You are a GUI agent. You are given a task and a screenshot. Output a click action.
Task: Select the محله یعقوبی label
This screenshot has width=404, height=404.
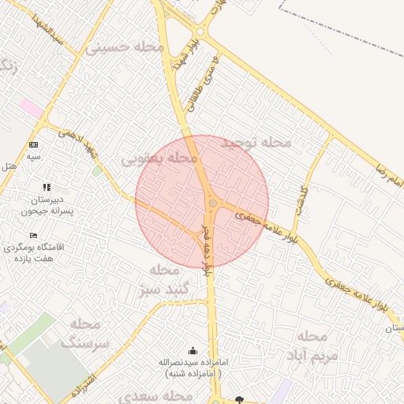[159, 159]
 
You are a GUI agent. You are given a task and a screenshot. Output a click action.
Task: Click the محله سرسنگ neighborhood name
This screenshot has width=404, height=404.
[84, 332]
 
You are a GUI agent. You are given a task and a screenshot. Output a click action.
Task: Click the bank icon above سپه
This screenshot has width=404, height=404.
[33, 145]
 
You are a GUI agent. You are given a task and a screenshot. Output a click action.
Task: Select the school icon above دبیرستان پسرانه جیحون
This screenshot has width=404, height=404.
[47, 187]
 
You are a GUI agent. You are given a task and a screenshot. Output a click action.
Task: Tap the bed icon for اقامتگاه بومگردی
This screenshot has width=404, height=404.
[33, 235]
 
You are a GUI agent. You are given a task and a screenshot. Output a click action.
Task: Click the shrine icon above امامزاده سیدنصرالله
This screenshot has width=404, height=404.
[193, 350]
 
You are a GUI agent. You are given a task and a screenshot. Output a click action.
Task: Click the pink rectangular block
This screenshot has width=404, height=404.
[32, 107]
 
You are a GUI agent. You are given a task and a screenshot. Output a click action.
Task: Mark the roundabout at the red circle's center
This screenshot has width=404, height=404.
[212, 204]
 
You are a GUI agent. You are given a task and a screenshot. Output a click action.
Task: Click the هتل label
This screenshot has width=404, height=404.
[9, 166]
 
